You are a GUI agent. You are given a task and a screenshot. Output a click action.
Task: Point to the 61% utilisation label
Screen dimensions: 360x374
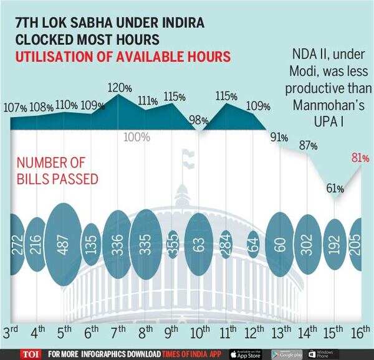coord(335,188)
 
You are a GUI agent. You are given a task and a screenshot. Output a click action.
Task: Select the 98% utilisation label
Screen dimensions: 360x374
coord(198,119)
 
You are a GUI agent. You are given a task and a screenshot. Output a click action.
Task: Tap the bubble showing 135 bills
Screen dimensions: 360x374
coord(91,240)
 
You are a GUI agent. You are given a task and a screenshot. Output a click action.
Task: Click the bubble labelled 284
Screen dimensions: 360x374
coord(226,241)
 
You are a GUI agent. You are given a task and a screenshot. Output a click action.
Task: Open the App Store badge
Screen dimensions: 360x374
coord(246,353)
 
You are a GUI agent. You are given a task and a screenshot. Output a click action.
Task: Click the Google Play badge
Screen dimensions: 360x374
coord(287,353)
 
